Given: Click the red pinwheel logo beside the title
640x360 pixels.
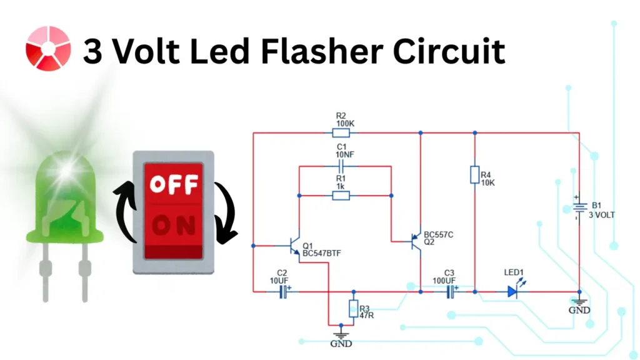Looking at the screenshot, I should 48,49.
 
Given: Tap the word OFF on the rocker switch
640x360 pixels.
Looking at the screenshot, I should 174,184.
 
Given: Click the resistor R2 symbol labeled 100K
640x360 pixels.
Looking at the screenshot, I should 341,132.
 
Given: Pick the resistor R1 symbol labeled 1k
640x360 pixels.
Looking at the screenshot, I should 341,196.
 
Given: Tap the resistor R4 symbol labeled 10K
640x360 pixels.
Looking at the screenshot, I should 474,175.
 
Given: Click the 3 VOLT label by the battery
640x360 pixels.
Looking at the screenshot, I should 602,214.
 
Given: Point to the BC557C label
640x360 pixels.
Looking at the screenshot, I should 438,234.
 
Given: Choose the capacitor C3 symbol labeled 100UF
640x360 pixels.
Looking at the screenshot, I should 450,291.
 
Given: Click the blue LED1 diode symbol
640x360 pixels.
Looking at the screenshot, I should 513,291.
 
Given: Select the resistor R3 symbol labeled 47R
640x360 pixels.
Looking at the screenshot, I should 353,308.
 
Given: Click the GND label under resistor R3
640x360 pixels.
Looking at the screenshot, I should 341,344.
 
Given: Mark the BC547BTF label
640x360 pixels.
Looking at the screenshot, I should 321,253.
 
